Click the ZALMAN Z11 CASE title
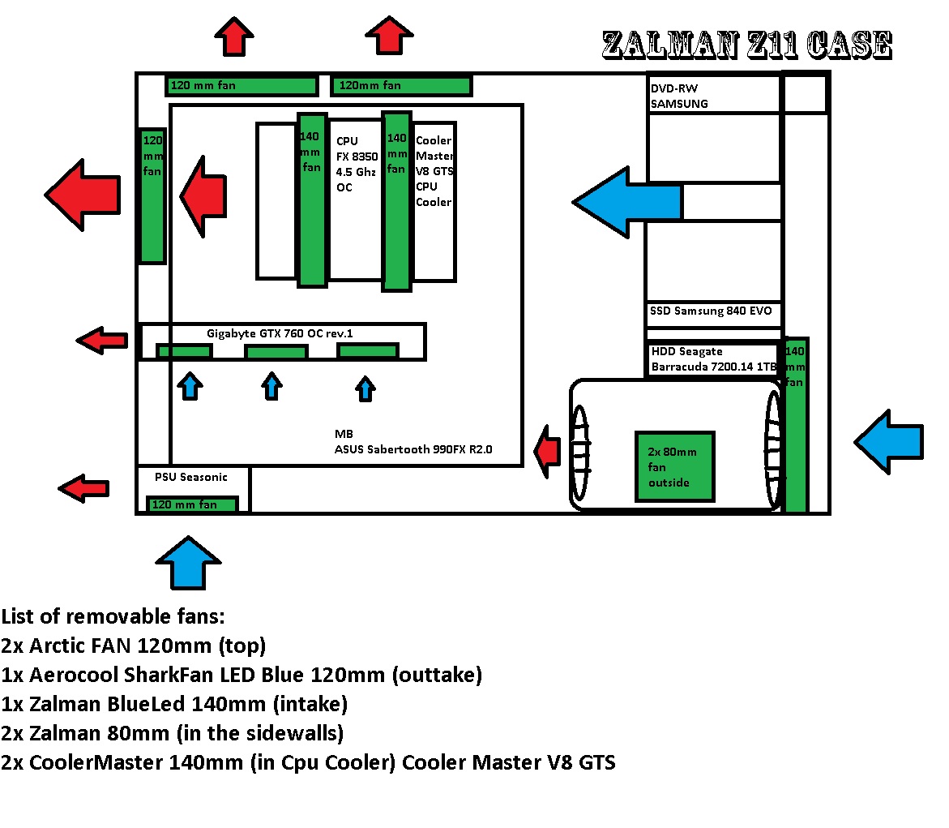(x=746, y=46)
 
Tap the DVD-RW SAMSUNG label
(x=679, y=96)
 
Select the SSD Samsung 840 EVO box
(x=711, y=311)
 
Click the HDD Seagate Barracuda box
(x=713, y=358)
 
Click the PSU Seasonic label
(x=191, y=477)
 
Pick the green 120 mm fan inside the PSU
(x=192, y=504)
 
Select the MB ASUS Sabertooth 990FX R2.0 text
(x=414, y=442)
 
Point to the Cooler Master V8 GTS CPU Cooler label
(x=434, y=171)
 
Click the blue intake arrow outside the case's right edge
(x=890, y=442)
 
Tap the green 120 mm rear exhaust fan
(x=152, y=195)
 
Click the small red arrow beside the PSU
(x=84, y=487)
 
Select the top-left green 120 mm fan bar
(x=242, y=85)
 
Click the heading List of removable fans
(x=113, y=617)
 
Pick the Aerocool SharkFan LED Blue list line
(x=242, y=675)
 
